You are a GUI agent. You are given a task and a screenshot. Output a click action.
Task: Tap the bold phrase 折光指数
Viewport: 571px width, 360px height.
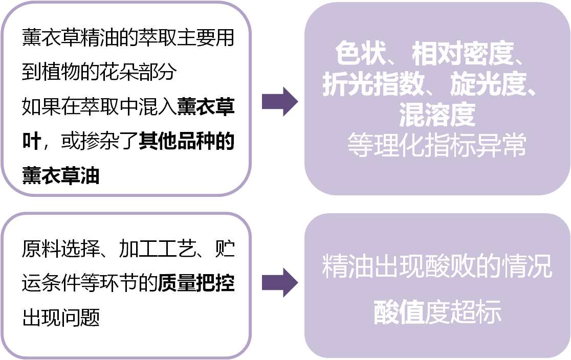point(373,85)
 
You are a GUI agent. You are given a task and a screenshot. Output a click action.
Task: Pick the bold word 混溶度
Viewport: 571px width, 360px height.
point(437,116)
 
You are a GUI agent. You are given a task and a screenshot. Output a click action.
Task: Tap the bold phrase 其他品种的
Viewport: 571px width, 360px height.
point(186,142)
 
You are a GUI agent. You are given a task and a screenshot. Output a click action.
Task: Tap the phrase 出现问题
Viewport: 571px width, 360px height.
point(61,318)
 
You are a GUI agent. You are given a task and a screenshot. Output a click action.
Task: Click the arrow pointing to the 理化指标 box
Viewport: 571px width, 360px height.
point(280,102)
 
